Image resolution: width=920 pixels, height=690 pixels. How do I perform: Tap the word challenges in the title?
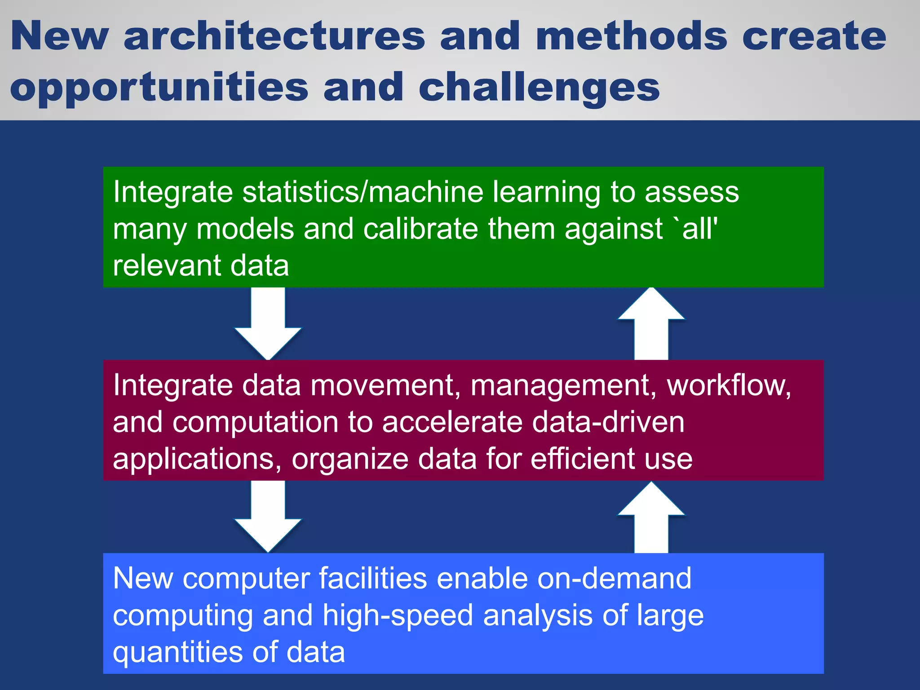coord(539,88)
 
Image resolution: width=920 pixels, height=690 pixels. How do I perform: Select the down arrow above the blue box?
coord(268,517)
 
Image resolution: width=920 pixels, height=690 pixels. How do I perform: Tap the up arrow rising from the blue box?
coord(651,517)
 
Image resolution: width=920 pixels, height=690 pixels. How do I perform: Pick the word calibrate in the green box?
coord(420,229)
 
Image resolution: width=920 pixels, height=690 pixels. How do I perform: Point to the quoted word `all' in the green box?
coord(696,229)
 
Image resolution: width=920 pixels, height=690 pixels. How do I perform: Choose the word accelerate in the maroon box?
coord(451,422)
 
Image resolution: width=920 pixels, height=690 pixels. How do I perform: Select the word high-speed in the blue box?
coord(398,615)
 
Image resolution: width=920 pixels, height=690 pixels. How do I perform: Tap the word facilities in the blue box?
coord(373,579)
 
